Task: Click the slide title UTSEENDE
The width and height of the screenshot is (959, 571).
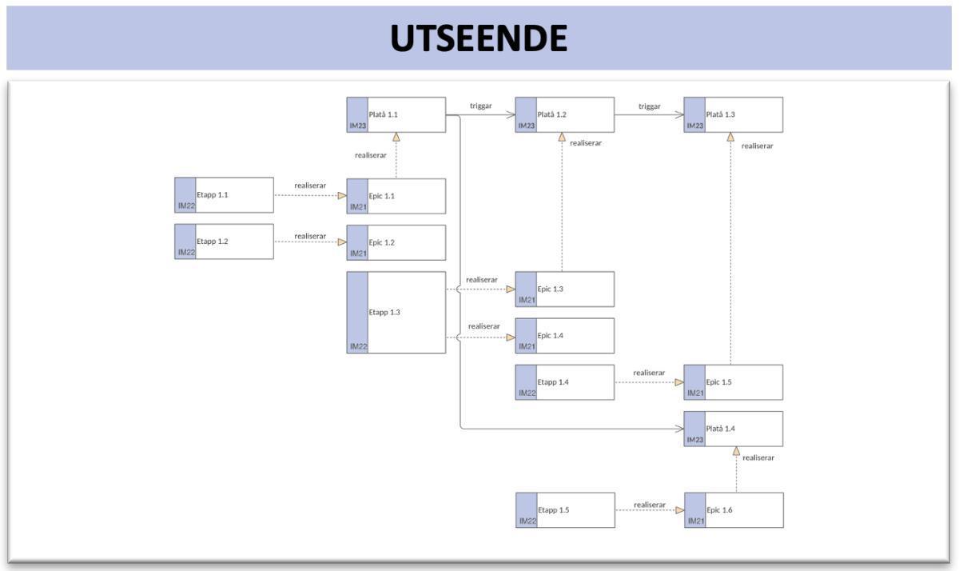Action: click(479, 38)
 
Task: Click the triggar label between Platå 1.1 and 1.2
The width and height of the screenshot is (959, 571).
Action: click(480, 106)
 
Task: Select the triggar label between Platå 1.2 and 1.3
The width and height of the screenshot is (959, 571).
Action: click(649, 106)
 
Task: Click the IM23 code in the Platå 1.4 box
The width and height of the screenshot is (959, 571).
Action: click(694, 440)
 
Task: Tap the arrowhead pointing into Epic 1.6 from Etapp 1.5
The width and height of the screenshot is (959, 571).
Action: click(679, 510)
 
